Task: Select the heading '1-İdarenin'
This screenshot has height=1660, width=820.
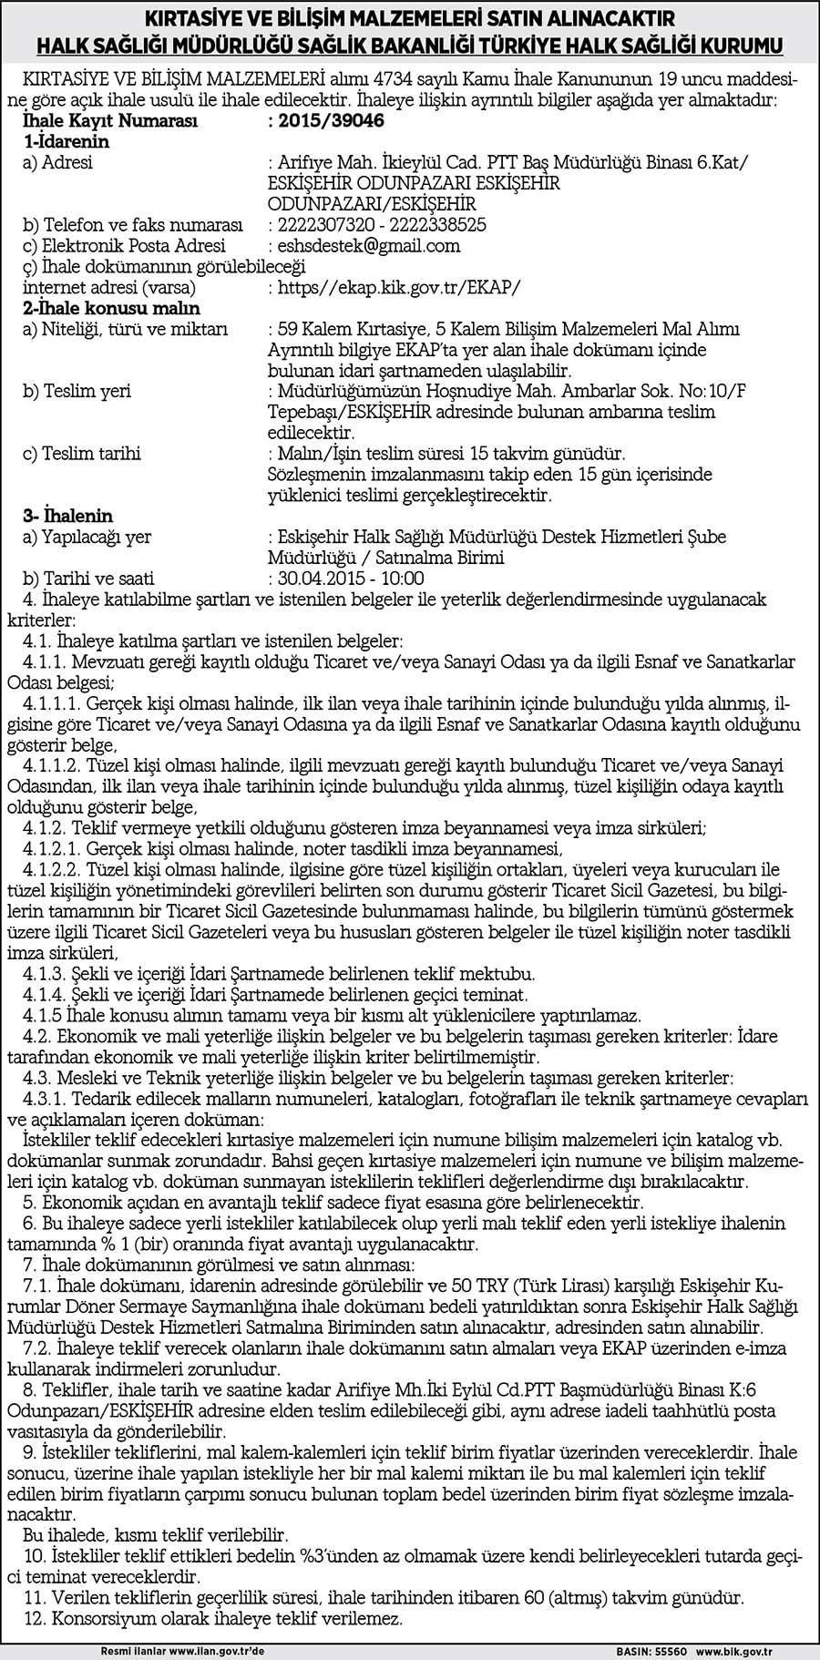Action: click(x=67, y=141)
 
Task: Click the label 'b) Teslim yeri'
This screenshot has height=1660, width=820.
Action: click(x=77, y=391)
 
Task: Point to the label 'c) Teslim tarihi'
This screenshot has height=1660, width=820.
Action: click(x=82, y=454)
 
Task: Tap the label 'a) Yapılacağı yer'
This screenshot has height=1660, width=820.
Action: click(x=87, y=538)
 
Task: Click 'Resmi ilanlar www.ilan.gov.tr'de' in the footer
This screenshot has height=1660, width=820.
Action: click(x=182, y=1650)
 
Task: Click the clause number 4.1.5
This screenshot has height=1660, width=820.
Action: click(x=42, y=1015)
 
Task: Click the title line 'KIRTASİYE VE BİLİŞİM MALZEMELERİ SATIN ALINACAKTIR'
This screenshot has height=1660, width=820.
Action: click(x=409, y=18)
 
